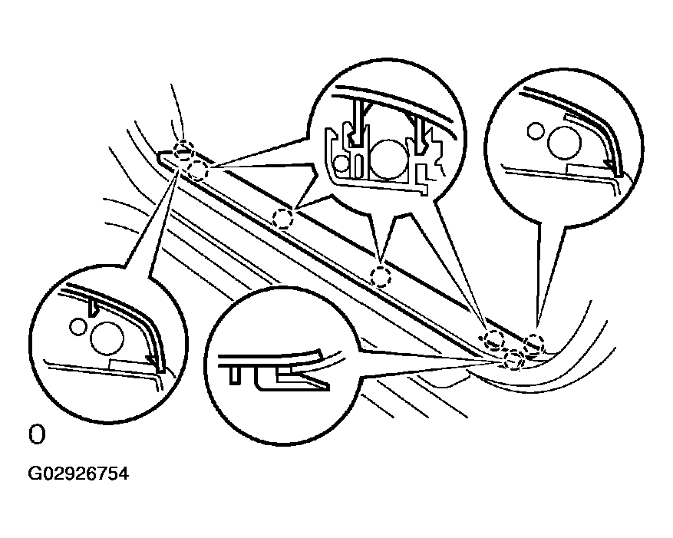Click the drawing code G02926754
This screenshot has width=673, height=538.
[x=78, y=474]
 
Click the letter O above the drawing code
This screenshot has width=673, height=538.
[x=37, y=435]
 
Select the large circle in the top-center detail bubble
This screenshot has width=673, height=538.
[x=388, y=160]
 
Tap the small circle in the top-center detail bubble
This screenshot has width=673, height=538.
[x=341, y=163]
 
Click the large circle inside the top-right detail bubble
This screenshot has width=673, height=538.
[x=564, y=143]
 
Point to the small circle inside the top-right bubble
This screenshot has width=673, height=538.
[x=536, y=131]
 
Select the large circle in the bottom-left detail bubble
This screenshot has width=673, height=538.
[x=107, y=338]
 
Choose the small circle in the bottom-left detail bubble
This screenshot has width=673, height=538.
[x=78, y=327]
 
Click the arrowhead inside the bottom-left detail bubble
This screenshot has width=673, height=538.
[x=153, y=361]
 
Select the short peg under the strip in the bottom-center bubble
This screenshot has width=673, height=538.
[x=234, y=375]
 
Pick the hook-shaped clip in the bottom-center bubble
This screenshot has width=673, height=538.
[x=292, y=378]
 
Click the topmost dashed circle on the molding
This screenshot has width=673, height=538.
[x=184, y=150]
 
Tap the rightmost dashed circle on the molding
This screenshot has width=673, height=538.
[x=534, y=344]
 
